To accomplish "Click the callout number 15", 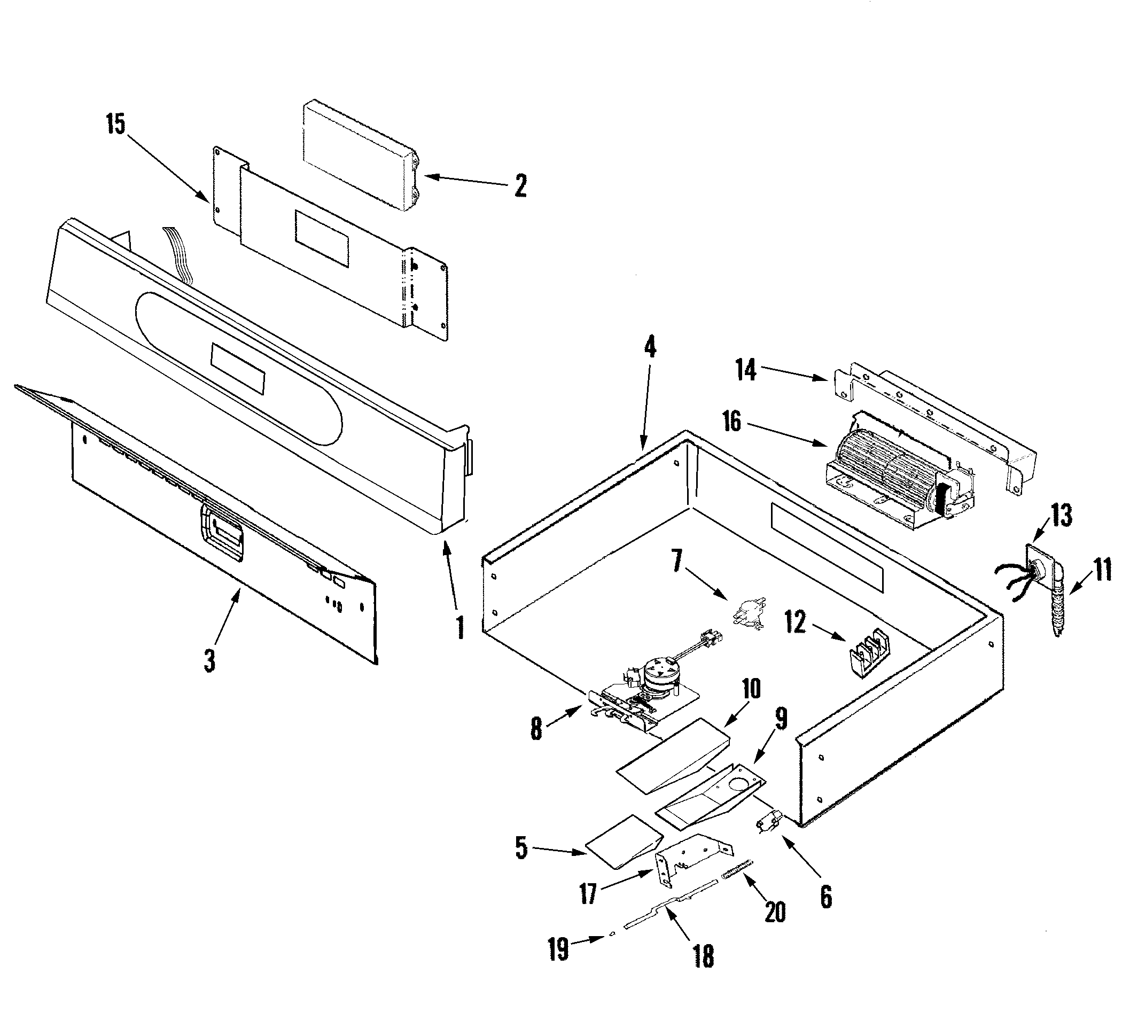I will coord(116,124).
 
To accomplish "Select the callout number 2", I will coord(520,185).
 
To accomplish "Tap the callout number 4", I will coord(650,348).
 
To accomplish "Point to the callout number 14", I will coord(746,370).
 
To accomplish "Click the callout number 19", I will coord(558,948).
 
